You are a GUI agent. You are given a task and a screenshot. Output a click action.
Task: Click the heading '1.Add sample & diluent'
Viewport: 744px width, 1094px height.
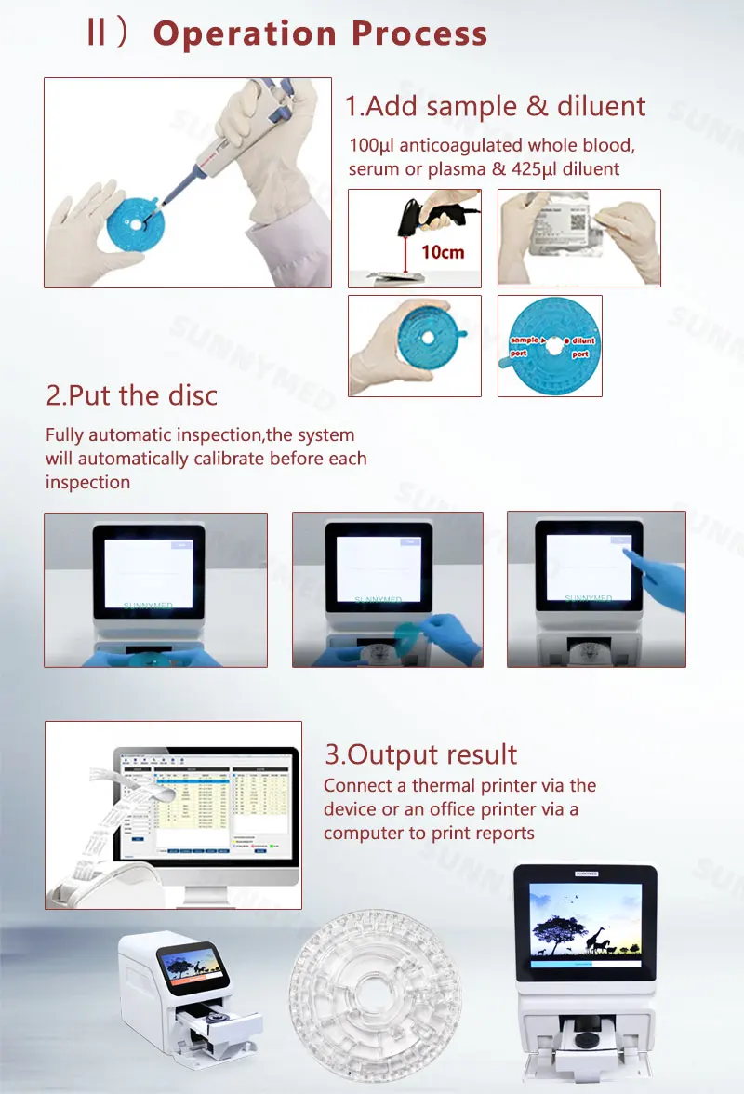click(495, 105)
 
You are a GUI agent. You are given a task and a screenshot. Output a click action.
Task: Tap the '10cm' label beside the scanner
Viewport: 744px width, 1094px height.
click(442, 252)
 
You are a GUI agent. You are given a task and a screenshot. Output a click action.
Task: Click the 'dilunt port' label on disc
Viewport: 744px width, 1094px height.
click(582, 346)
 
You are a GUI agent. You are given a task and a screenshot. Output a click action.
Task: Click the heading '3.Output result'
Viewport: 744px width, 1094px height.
click(420, 754)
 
